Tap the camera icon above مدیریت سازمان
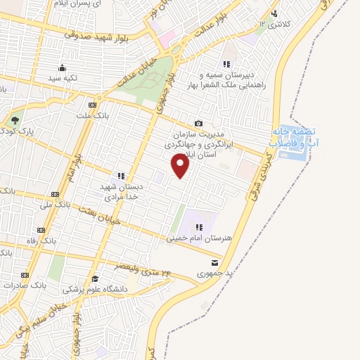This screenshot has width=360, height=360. click(x=198, y=123)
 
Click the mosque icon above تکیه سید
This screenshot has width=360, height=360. click(x=63, y=68)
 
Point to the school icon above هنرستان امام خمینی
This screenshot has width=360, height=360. click(x=200, y=227)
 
